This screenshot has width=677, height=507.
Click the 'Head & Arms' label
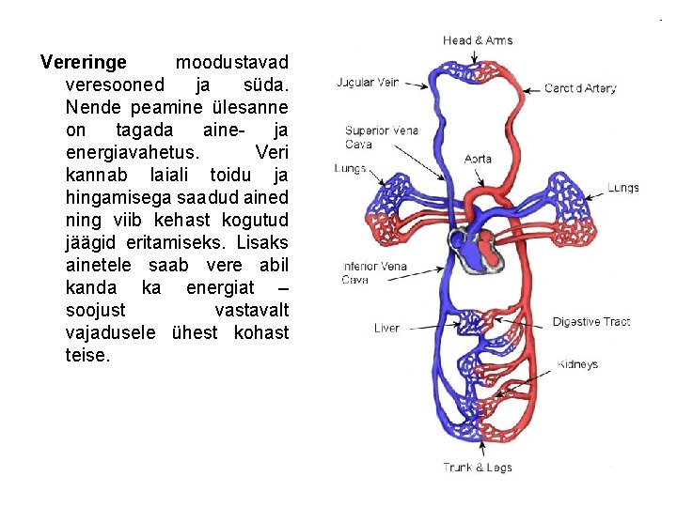478,40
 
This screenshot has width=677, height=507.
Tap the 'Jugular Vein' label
368,83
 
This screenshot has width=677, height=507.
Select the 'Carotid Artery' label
580,88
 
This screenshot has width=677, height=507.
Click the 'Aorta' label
478,159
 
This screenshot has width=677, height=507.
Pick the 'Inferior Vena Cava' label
373,272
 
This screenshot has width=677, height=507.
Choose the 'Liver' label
386,329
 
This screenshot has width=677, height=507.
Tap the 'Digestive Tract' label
590,322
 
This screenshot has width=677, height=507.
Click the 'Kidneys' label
577,364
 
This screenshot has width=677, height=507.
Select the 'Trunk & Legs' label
478,468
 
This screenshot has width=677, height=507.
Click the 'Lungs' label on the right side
622,188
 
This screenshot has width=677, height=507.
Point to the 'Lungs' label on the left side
350,169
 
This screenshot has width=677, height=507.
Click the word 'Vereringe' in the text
84,64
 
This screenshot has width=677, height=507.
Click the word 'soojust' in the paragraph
98,310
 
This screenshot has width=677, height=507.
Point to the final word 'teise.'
88,355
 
